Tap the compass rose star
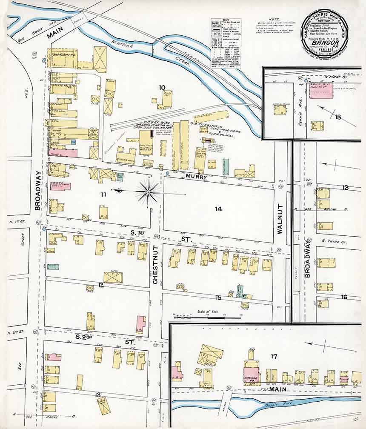[148, 192]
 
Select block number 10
[162, 88]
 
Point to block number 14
[218, 209]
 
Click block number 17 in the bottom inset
[274, 356]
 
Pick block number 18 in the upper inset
[338, 117]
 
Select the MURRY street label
[196, 176]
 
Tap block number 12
[101, 285]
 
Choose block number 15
[219, 297]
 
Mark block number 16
[344, 297]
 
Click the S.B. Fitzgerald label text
[206, 124]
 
